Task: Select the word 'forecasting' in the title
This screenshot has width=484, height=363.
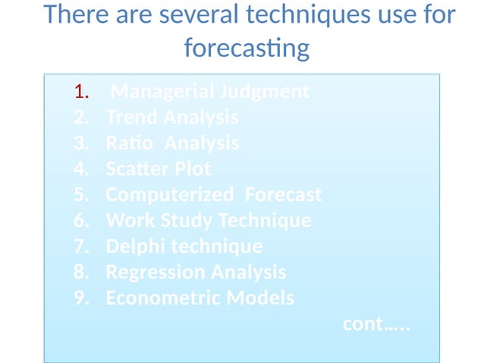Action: click(247, 49)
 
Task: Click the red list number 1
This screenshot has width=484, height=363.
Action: click(81, 93)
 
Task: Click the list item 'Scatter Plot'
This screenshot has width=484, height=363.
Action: click(158, 169)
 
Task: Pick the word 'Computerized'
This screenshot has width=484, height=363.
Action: click(169, 195)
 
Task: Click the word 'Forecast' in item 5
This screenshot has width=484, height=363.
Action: click(282, 195)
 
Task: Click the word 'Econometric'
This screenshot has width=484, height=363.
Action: click(161, 298)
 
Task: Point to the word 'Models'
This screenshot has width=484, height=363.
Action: click(258, 298)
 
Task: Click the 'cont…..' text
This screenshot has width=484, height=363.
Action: click(376, 324)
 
